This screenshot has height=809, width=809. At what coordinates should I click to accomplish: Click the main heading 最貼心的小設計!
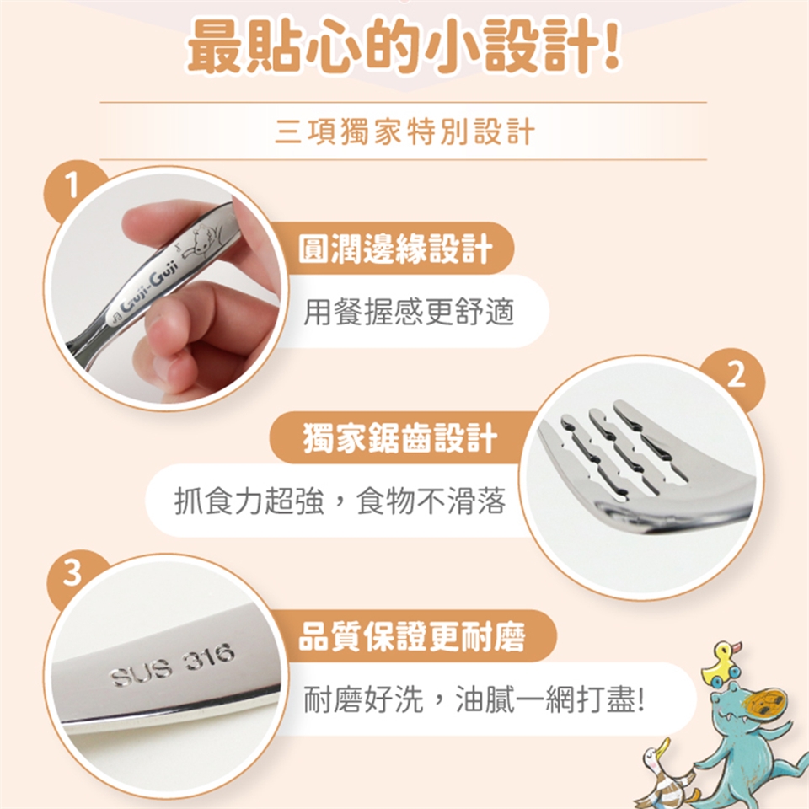tap(404, 46)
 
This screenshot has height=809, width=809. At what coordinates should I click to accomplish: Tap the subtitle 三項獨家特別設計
tap(404, 131)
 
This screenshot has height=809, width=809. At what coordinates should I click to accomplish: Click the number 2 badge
tap(736, 375)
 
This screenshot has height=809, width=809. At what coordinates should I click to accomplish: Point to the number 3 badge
tap(72, 574)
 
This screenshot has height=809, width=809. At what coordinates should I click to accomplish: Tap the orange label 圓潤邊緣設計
tap(394, 249)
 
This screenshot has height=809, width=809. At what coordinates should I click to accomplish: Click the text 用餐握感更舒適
tap(408, 312)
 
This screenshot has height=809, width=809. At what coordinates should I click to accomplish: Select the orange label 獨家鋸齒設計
tap(399, 437)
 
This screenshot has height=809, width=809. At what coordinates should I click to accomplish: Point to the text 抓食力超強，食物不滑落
tap(340, 501)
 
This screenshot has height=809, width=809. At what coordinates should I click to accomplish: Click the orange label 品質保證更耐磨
tap(412, 636)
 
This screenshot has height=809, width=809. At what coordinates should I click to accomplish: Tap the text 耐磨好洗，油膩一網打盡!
tap(474, 699)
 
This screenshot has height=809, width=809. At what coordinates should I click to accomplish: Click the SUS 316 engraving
tap(173, 666)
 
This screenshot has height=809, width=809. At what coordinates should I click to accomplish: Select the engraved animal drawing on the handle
tap(204, 238)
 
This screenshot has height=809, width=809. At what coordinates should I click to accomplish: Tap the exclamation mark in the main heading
tap(611, 46)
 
